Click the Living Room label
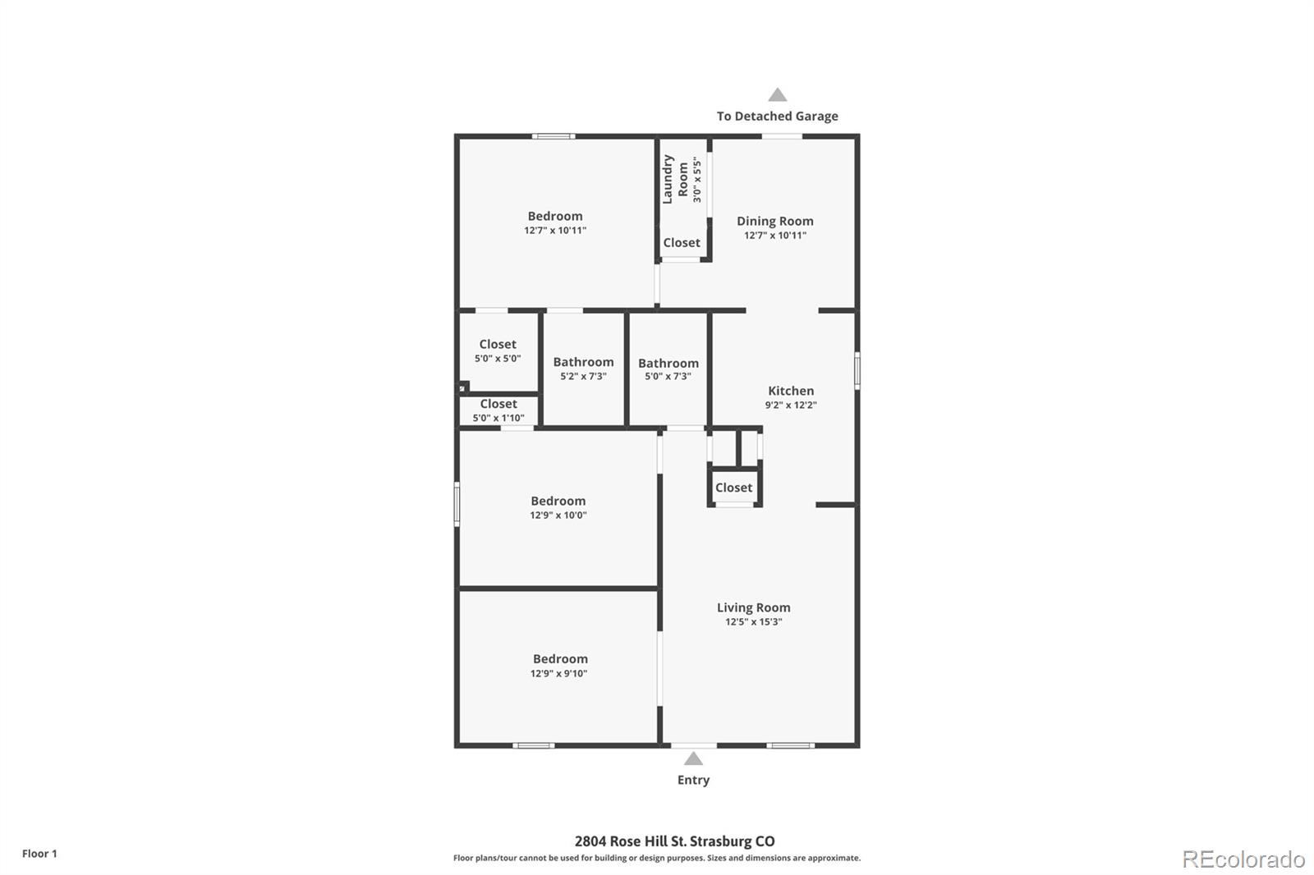[753, 607]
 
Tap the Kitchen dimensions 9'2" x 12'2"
[790, 405]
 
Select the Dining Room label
[774, 221]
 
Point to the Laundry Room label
[675, 179]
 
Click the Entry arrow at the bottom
[693, 758]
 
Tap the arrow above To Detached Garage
[777, 95]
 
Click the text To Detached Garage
[777, 116]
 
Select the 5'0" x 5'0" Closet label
[498, 345]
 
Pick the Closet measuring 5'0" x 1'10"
[498, 404]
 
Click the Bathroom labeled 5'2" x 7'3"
[583, 362]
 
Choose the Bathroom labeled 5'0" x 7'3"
[668, 363]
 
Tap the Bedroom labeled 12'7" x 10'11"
[555, 217]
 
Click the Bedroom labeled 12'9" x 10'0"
[558, 502]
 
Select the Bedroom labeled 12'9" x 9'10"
[560, 659]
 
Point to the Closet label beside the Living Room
[733, 488]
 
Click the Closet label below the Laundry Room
[682, 243]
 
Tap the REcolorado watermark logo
[1243, 859]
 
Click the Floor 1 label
[39, 854]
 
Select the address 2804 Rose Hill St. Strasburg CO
[673, 841]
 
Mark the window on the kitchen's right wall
[857, 369]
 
